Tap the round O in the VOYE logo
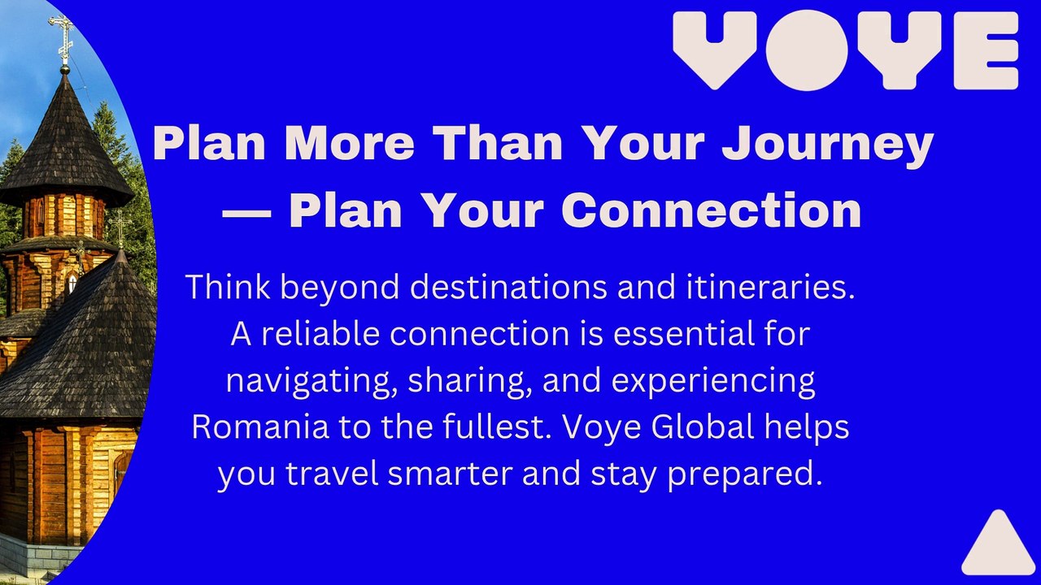pyautogui.click(x=808, y=50)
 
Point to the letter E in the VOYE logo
pyautogui.click(x=987, y=50)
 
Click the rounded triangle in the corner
pyautogui.click(x=998, y=547)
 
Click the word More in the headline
pyautogui.click(x=350, y=143)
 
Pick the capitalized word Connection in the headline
pyautogui.click(x=711, y=210)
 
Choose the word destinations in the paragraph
pyautogui.click(x=508, y=287)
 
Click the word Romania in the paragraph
pyautogui.click(x=260, y=427)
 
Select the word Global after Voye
pyautogui.click(x=703, y=427)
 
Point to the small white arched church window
pyautogui.click(x=72, y=283)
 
